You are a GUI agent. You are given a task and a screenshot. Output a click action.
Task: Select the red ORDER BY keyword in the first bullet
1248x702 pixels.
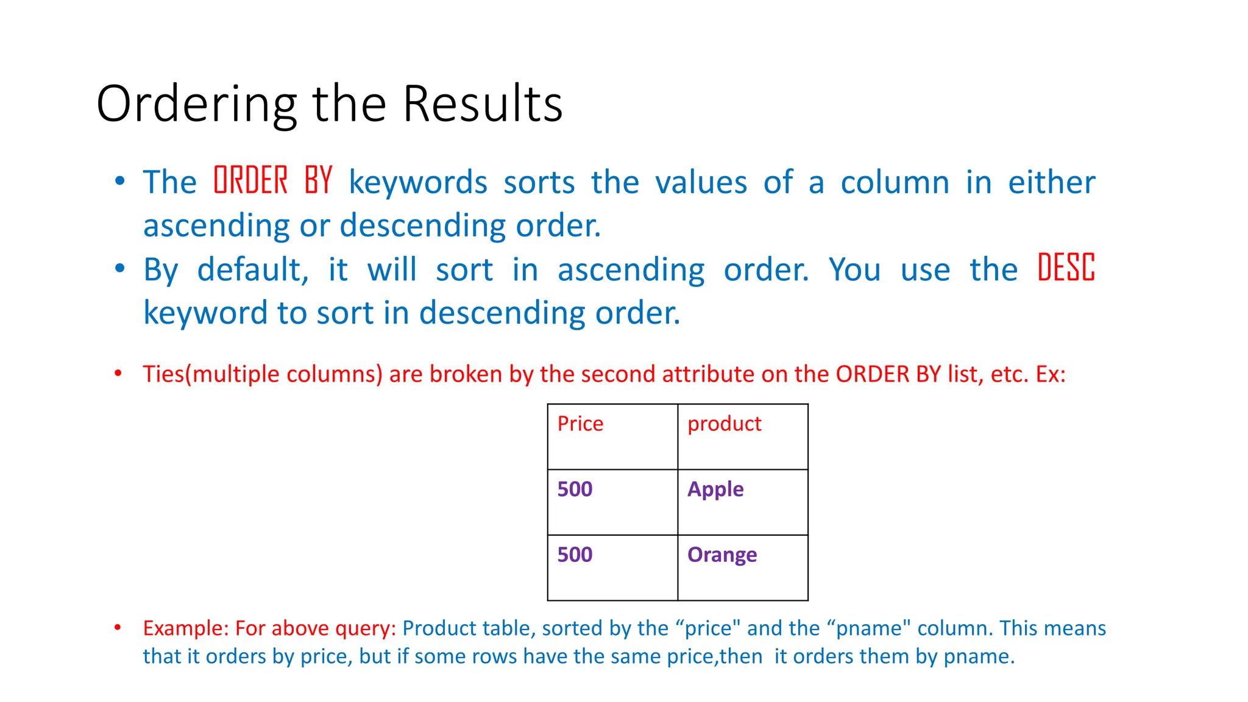point(273,181)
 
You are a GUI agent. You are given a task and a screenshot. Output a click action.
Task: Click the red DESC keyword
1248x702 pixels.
point(1066,268)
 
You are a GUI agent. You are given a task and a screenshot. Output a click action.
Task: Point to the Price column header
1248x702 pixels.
point(580,424)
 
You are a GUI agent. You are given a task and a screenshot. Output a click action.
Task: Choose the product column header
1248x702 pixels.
point(724,424)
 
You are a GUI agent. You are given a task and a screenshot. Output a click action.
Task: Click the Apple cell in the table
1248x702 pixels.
point(715,489)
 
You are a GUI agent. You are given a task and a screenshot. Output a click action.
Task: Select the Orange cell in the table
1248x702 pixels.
point(722,555)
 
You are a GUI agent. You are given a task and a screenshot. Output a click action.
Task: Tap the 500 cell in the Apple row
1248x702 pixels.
point(575,489)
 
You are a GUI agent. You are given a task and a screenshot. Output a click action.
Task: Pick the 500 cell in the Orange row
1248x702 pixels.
point(575,555)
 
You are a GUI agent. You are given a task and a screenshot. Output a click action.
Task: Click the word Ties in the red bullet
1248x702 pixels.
point(163,374)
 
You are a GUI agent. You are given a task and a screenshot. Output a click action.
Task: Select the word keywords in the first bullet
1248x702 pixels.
point(418,182)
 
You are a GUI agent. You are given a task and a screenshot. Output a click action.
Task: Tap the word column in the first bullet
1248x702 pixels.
point(895,182)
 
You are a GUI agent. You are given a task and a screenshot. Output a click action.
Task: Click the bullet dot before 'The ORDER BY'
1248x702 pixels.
point(119,181)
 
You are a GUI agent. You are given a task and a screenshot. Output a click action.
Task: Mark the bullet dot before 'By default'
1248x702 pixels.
point(119,268)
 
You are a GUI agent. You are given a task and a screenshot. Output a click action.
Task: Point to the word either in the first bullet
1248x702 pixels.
point(1051,182)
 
